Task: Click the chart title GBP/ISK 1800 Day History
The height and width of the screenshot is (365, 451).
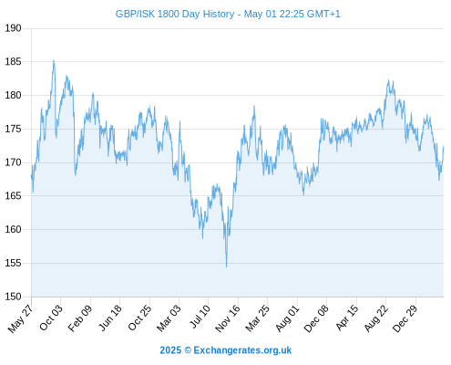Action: pyautogui.click(x=175, y=14)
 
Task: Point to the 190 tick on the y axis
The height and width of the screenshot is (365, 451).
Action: pyautogui.click(x=13, y=28)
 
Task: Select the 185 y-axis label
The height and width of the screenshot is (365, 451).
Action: pyautogui.click(x=13, y=62)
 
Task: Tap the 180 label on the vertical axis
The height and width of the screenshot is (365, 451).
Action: pyautogui.click(x=13, y=95)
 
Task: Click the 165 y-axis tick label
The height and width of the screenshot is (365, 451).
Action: pyautogui.click(x=13, y=196)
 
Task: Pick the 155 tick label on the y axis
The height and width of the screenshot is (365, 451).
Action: pyautogui.click(x=13, y=263)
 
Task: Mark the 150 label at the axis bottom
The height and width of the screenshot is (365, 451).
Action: pyautogui.click(x=13, y=297)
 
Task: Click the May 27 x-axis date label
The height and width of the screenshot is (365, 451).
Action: pyautogui.click(x=20, y=318)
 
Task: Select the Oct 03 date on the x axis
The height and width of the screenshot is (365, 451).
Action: pyautogui.click(x=51, y=318)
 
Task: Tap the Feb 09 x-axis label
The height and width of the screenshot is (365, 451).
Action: pyautogui.click(x=80, y=318)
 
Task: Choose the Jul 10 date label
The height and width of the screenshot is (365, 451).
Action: pyautogui.click(x=200, y=317)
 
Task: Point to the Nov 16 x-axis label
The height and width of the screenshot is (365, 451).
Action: pyautogui.click(x=228, y=318)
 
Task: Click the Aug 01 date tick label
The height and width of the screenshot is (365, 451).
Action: pyautogui.click(x=287, y=318)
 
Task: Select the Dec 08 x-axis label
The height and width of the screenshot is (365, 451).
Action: pyautogui.click(x=316, y=318)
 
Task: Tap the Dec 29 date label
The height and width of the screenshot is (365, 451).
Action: pyautogui.click(x=405, y=318)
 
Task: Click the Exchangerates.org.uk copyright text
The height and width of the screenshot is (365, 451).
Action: pyautogui.click(x=226, y=350)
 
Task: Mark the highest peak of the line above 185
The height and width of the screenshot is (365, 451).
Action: pyautogui.click(x=54, y=60)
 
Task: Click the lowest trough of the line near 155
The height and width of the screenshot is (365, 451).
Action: pyautogui.click(x=226, y=267)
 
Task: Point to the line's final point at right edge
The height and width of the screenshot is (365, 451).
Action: pyautogui.click(x=444, y=146)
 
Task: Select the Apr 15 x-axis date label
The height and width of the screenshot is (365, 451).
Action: pyautogui.click(x=347, y=318)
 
